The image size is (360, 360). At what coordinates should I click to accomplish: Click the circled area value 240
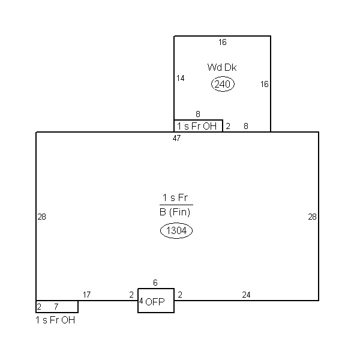click(x=223, y=84)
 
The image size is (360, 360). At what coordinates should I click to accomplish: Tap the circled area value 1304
click(x=176, y=230)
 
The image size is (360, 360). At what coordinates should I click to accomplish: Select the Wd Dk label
click(x=222, y=67)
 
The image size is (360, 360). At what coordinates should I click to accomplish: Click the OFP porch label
click(x=155, y=302)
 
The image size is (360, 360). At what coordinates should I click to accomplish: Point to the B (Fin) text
click(x=175, y=212)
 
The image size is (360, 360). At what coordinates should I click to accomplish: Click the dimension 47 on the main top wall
click(x=176, y=138)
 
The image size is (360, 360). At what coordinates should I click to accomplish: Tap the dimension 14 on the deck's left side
click(x=181, y=78)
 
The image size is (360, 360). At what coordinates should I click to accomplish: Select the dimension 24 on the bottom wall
click(x=246, y=295)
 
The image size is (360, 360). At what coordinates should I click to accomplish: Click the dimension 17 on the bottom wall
click(x=87, y=295)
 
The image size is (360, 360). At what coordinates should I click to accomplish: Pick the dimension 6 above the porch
click(x=155, y=283)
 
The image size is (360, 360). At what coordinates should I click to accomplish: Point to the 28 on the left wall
click(x=42, y=217)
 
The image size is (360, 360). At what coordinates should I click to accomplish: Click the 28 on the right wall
click(x=312, y=217)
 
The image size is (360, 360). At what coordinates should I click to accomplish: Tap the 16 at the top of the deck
click(x=223, y=42)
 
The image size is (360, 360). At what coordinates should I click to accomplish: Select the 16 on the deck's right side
click(x=265, y=84)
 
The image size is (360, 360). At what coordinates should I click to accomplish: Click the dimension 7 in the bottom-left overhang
click(x=56, y=307)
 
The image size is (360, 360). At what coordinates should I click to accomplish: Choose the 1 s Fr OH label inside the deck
click(x=197, y=126)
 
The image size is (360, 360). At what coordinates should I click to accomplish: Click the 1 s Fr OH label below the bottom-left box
click(x=55, y=320)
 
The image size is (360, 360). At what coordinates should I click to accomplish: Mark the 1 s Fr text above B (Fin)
click(x=175, y=197)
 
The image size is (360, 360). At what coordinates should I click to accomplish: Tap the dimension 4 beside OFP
click(x=141, y=301)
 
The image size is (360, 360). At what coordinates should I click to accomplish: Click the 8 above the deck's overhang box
click(x=198, y=114)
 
